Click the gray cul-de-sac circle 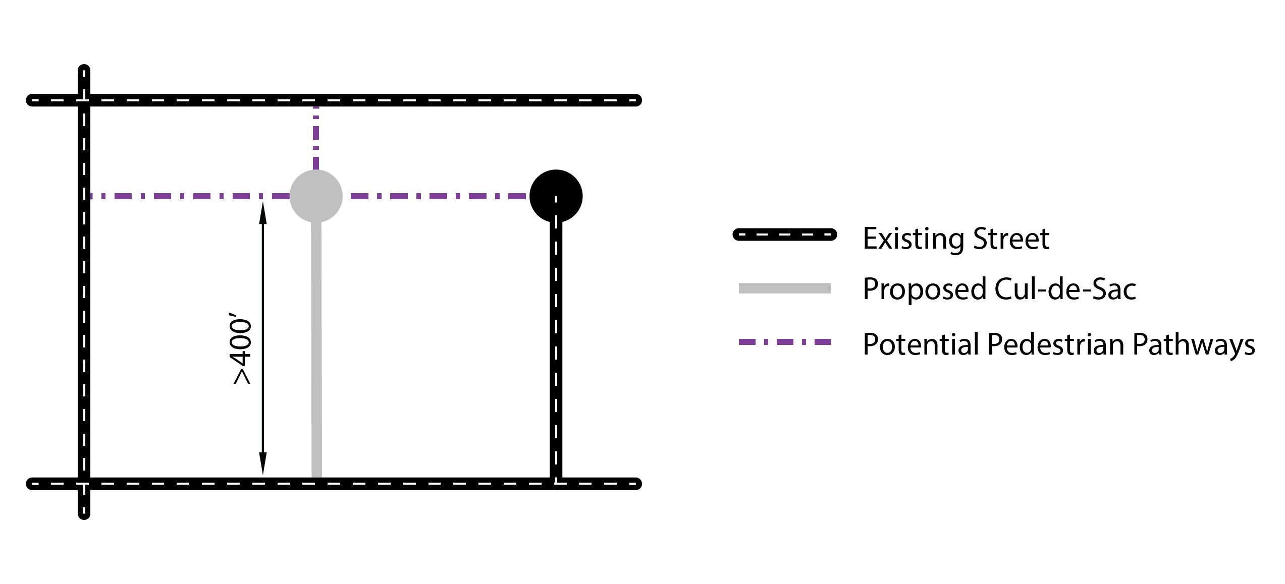(316, 196)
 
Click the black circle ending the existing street (556, 196)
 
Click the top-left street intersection (84, 100)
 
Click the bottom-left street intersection (84, 484)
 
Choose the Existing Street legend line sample (785, 235)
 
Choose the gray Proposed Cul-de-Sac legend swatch (785, 288)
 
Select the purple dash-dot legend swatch (785, 342)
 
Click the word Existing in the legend (914, 239)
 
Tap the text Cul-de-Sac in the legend (1065, 289)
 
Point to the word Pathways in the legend (1194, 344)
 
